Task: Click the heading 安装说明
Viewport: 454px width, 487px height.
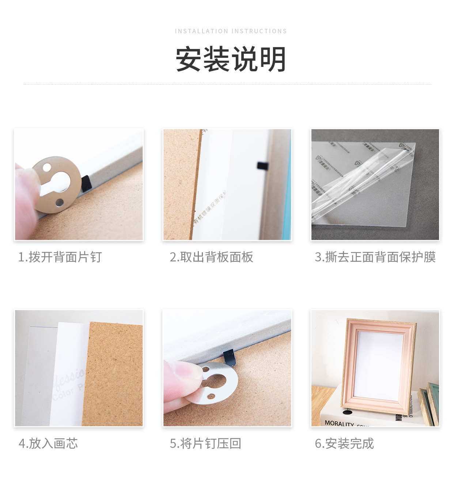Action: pos(231,59)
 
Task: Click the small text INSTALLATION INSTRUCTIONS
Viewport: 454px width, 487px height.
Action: pos(231,31)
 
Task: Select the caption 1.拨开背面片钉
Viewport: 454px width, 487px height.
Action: pos(60,257)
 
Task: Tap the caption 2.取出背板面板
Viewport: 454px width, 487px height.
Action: pos(211,257)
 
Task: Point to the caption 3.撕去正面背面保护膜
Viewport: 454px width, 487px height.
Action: pos(375,257)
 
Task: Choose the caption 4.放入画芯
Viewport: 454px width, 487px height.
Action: pos(48,443)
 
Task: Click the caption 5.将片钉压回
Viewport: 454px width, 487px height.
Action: pos(205,443)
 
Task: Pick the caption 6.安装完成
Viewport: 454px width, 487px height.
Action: pos(344,443)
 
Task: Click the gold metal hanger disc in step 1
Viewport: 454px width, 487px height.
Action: pos(58,185)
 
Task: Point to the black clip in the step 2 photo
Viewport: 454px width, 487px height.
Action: pos(262,166)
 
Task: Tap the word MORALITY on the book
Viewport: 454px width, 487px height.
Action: pos(339,423)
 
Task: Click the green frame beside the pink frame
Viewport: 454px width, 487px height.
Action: pos(433,402)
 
